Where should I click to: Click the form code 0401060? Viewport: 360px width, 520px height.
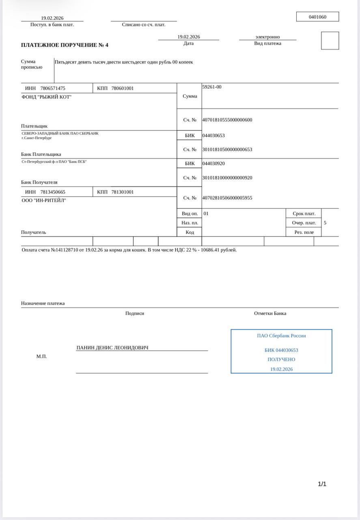coord(317,17)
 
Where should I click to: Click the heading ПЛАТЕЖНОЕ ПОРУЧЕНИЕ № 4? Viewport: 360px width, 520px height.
coord(65,45)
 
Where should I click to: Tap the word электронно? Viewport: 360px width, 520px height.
coord(267,37)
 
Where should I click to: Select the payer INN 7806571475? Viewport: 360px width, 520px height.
coord(53,88)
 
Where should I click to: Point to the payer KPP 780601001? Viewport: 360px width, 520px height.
coord(122,88)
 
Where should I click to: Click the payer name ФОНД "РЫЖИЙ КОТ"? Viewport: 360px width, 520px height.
coord(46,97)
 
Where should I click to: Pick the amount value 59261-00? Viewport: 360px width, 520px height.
coord(212,87)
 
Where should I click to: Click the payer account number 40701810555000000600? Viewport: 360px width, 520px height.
coord(227,120)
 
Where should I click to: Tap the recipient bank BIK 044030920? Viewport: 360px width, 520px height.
coord(213,164)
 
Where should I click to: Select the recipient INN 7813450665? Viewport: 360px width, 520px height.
coord(53,192)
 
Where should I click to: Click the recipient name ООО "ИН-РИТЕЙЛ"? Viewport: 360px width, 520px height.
coord(43,200)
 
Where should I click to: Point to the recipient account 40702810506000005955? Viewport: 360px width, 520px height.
coord(227,198)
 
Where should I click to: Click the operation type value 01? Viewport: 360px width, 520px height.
coord(206,213)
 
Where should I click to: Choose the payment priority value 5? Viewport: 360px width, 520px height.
coord(325,223)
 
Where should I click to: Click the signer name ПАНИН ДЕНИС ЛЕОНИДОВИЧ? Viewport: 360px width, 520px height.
coord(112,348)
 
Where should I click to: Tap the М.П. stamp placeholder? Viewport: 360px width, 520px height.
coord(41,356)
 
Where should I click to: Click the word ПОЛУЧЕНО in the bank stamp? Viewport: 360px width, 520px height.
coord(281,360)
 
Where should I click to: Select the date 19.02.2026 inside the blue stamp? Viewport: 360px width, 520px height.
coord(281,369)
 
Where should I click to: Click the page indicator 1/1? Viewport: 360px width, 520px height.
coord(322,484)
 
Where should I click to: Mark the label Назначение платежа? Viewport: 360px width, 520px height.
coord(43,303)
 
